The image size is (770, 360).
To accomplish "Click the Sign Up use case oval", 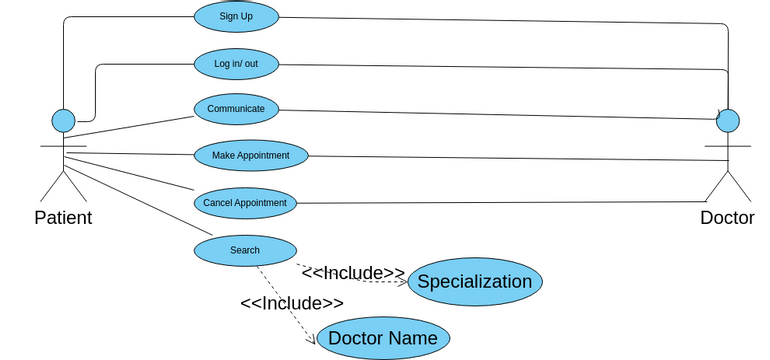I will (236, 16).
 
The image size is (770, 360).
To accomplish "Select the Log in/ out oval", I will (236, 64).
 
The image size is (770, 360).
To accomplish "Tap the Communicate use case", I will (236, 109).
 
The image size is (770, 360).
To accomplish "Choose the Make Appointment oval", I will (250, 155).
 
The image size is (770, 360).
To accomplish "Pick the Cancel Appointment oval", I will (244, 203).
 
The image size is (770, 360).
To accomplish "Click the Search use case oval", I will (244, 250).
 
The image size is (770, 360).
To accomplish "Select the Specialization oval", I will (474, 282).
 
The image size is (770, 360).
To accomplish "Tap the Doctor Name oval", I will (383, 338).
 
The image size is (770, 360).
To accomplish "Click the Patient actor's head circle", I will (63, 121).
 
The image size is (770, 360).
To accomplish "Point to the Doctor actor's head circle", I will (728, 121).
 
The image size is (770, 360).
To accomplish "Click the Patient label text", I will (63, 218).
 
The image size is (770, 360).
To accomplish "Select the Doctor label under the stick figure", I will (727, 218).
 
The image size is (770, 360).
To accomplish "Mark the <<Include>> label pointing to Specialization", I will (352, 272).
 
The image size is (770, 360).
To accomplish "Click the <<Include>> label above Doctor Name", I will (291, 302).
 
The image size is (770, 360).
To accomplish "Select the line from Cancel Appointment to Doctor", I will (500, 203).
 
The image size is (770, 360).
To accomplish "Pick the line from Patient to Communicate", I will (130, 129).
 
